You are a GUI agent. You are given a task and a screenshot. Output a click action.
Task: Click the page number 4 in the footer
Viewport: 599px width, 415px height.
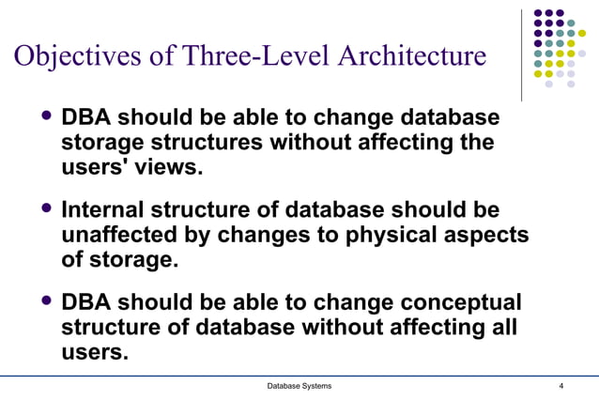point(561,387)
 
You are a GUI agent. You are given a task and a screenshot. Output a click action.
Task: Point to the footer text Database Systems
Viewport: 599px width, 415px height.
point(299,387)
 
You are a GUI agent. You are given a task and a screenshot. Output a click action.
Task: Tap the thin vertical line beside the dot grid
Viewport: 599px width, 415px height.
point(522,55)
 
